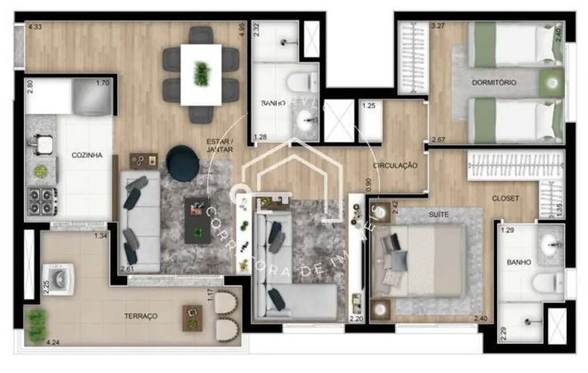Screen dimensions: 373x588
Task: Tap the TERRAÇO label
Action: click(141, 316)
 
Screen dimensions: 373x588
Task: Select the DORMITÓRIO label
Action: click(494, 83)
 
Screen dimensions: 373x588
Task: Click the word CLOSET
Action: click(505, 199)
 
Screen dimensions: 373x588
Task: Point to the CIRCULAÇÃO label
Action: click(395, 166)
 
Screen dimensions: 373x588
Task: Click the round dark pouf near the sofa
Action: click(183, 164)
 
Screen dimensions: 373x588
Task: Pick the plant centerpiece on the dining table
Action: click(201, 74)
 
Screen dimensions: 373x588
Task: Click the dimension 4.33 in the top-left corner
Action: click(35, 26)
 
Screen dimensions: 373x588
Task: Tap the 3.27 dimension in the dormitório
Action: click(438, 26)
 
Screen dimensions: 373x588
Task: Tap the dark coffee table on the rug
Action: click(197, 220)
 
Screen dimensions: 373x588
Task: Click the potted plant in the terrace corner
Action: click(36, 324)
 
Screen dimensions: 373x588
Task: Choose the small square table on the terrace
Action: click(192, 318)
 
